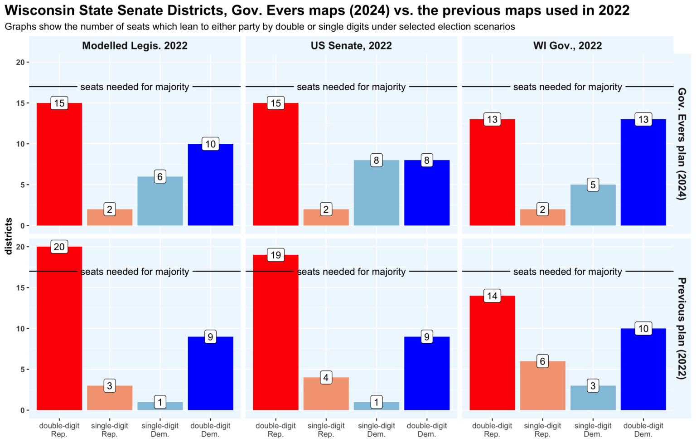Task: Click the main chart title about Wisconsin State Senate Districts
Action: (317, 10)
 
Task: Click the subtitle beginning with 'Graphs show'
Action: (260, 27)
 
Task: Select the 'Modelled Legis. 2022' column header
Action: (135, 46)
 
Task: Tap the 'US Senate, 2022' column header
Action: (351, 46)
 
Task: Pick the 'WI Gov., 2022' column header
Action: (567, 46)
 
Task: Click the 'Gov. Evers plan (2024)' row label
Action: (681, 144)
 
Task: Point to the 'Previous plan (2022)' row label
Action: (681, 328)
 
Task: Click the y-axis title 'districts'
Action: (9, 236)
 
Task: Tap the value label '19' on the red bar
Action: (275, 255)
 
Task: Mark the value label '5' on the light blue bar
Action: (593, 185)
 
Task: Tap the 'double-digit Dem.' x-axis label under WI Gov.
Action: (643, 430)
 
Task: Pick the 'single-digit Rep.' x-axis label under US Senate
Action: (326, 430)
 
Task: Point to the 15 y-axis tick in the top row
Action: (20, 103)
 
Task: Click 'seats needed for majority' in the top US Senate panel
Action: (351, 87)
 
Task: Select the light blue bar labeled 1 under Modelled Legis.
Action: (160, 406)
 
